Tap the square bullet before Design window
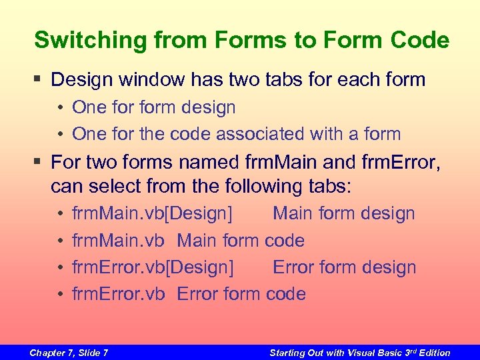pos(39,80)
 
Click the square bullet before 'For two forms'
pos(39,162)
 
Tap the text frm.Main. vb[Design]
pos(153,214)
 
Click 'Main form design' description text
pos(343,214)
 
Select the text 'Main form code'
pos(241,241)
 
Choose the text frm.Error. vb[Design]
pos(153,267)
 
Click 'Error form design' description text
pos(344,267)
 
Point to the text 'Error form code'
pos(241,294)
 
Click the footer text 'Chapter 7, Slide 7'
pos(69,353)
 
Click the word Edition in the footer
pos(433,353)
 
